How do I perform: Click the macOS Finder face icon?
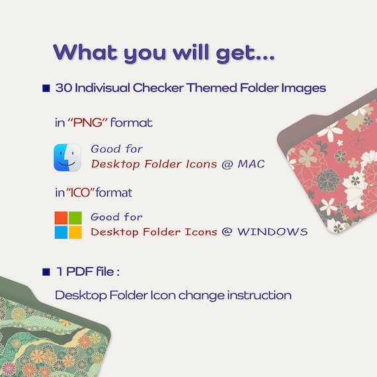click(67, 157)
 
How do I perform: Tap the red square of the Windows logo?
click(61, 218)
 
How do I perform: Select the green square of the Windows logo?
click(75, 218)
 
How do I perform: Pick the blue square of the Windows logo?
click(61, 232)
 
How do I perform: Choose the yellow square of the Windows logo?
click(75, 232)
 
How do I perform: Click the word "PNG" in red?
click(87, 122)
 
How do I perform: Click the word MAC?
click(251, 164)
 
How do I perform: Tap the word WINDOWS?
click(272, 231)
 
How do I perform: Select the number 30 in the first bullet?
click(63, 88)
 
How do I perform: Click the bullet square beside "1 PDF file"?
click(46, 272)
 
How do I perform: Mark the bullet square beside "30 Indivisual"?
click(46, 88)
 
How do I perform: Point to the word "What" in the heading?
click(85, 52)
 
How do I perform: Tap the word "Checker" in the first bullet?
click(158, 88)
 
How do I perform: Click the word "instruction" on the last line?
click(259, 295)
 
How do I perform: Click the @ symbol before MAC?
click(227, 165)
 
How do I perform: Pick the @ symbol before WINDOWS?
click(227, 231)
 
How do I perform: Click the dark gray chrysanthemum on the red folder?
click(328, 181)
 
